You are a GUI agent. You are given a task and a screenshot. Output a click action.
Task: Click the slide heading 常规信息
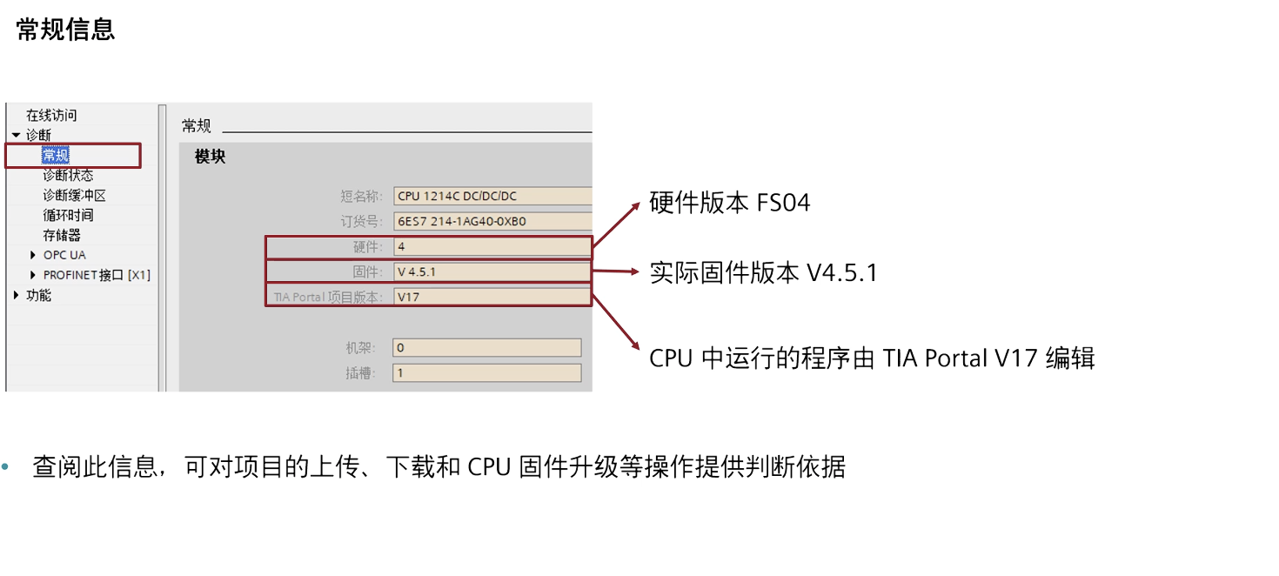click(x=65, y=30)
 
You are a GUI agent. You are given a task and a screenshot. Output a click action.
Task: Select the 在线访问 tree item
click(x=51, y=115)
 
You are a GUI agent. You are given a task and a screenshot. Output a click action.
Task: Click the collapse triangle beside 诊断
click(x=17, y=135)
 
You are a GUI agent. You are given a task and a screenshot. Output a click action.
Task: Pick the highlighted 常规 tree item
click(x=56, y=156)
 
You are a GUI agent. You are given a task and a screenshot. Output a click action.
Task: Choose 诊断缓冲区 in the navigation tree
click(x=74, y=196)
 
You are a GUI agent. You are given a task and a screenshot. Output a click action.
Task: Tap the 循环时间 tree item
click(x=68, y=215)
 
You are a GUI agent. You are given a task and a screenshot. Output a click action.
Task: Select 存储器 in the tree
click(x=62, y=235)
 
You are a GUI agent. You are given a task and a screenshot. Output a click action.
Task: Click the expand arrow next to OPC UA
click(x=33, y=255)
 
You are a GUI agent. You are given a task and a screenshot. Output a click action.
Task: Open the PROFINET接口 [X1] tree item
click(x=97, y=275)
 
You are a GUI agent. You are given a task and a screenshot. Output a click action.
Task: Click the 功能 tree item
click(x=38, y=295)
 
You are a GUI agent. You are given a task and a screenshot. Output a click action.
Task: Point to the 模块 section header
click(x=210, y=157)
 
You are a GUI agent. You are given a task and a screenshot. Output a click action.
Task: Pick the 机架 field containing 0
click(x=485, y=347)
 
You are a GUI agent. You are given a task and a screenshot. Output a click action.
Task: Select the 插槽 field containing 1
click(x=485, y=372)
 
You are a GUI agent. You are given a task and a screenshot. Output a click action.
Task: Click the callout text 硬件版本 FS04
click(x=729, y=204)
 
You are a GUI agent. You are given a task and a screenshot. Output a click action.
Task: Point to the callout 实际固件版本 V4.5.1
click(x=763, y=273)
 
